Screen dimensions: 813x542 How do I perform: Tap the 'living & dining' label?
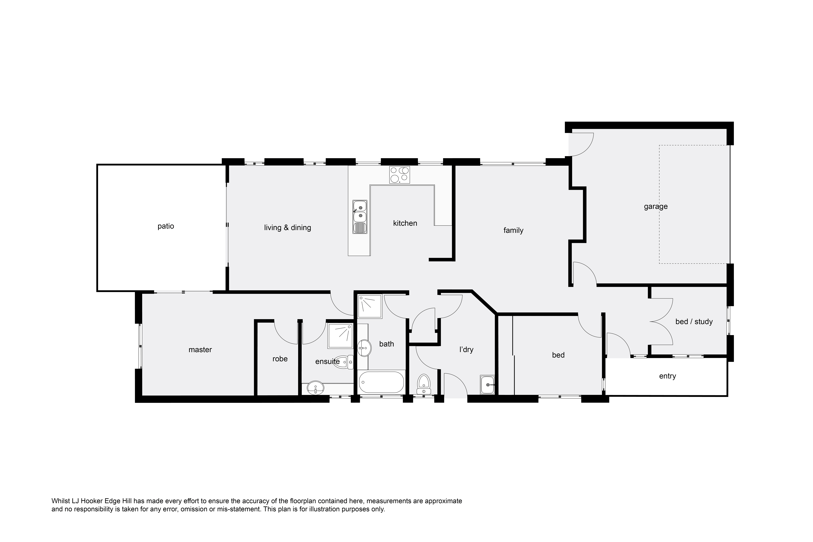pos(288,227)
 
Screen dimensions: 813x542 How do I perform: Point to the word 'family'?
pos(513,230)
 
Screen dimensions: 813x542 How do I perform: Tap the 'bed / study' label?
pos(694,321)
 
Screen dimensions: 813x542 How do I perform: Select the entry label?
pos(667,376)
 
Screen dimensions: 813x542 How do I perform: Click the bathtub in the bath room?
pos(381,382)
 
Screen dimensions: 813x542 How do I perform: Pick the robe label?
pos(280,359)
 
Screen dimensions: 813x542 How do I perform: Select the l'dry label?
pos(466,350)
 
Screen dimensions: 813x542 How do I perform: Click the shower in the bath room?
pos(370,306)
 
